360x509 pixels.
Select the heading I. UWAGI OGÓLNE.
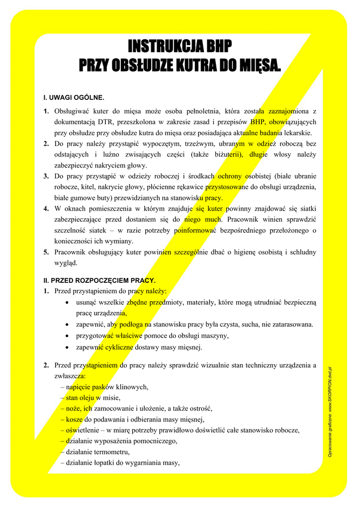[x=74, y=97]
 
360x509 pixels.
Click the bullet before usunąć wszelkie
[x=67, y=302]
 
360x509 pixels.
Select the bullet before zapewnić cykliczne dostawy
[x=67, y=347]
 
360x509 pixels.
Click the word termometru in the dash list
[x=112, y=452]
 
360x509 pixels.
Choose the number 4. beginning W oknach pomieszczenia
[x=46, y=208]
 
